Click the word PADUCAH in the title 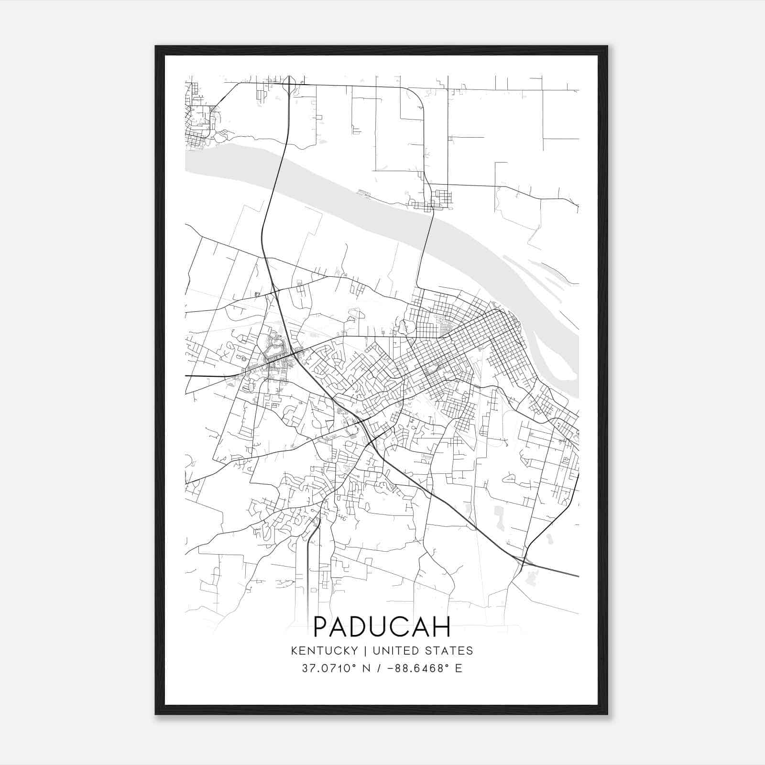click(x=382, y=627)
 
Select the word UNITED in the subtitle click(x=395, y=651)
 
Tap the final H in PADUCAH click(x=443, y=627)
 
